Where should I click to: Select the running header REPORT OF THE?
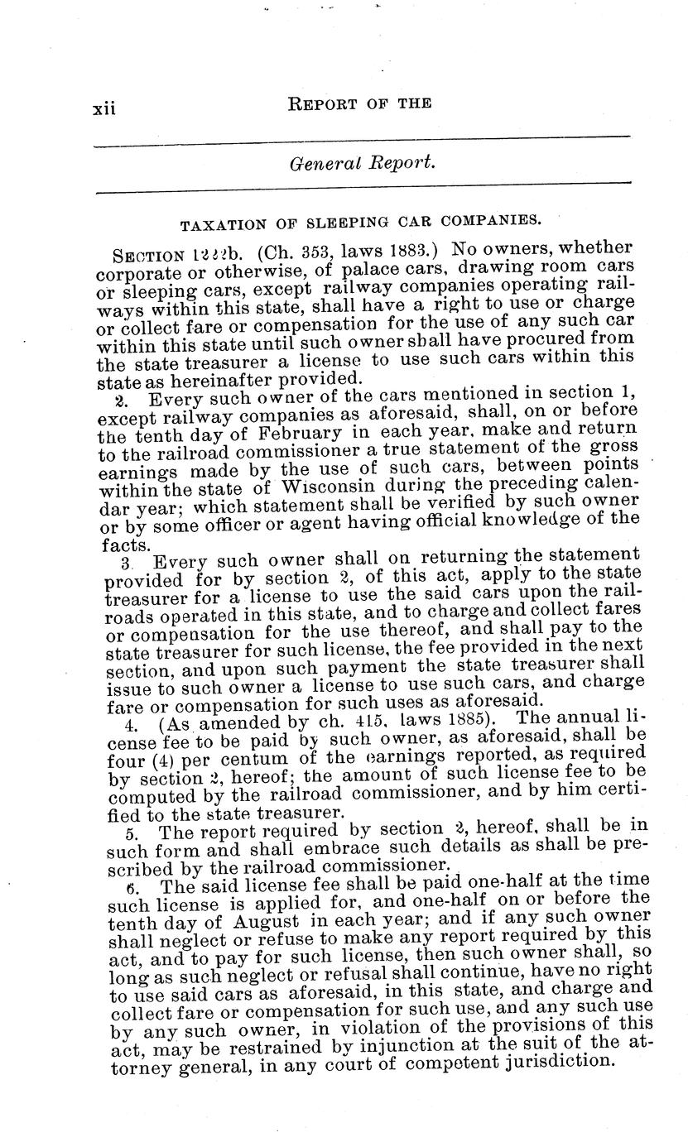pyautogui.click(x=358, y=103)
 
